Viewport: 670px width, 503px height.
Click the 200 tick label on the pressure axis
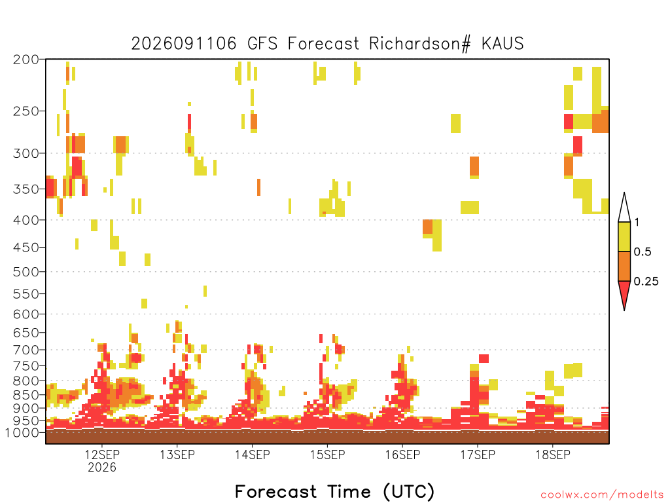pyautogui.click(x=26, y=60)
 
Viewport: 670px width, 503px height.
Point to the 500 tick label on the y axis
pyautogui.click(x=26, y=272)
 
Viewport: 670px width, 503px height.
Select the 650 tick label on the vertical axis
pyautogui.click(x=26, y=332)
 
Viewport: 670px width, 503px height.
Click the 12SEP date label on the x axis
pyautogui.click(x=102, y=455)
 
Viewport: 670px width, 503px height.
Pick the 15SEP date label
pyautogui.click(x=327, y=455)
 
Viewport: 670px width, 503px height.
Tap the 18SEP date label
pyautogui.click(x=553, y=455)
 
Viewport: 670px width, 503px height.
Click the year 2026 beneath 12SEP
pyautogui.click(x=102, y=467)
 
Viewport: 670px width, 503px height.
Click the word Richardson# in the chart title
pyautogui.click(x=419, y=44)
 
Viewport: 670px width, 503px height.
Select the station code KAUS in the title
pyautogui.click(x=502, y=44)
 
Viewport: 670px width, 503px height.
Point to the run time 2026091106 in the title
pyautogui.click(x=184, y=44)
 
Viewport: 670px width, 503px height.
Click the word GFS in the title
pyautogui.click(x=262, y=44)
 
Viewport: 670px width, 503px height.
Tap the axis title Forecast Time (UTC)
pyautogui.click(x=334, y=492)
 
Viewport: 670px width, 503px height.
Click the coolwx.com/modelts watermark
pyautogui.click(x=603, y=495)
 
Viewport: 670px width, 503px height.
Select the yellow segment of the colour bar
pyautogui.click(x=624, y=237)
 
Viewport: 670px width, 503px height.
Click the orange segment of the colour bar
pyautogui.click(x=624, y=266)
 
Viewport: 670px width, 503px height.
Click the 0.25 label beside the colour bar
pyautogui.click(x=646, y=282)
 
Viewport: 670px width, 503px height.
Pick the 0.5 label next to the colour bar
pyautogui.click(x=643, y=252)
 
